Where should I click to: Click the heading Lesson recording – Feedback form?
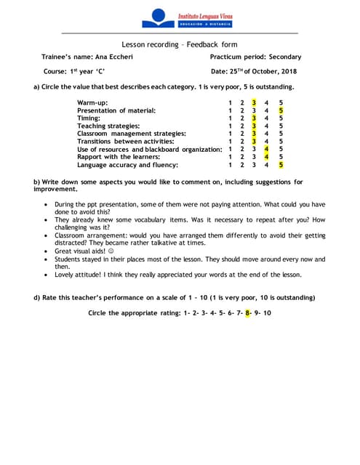click(180, 44)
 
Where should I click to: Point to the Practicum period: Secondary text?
click(250, 57)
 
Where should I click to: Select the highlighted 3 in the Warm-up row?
click(254, 102)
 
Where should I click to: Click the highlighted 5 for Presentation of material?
click(281, 110)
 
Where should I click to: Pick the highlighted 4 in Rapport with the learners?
click(268, 157)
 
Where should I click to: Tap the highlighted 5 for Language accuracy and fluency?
click(281, 165)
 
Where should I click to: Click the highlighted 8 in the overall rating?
click(247, 313)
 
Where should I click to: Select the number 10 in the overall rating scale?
click(267, 313)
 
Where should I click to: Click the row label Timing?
click(89, 118)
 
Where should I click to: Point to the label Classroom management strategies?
click(132, 134)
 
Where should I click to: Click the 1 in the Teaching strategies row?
click(230, 126)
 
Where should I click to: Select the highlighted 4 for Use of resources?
click(268, 150)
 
